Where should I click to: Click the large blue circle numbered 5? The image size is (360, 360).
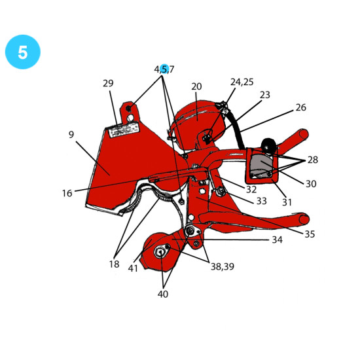pos(23,52)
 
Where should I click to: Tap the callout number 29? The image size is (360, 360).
pos(108,83)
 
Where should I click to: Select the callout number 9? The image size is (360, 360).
pos(71,135)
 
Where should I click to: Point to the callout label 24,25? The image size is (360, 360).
pos(242,82)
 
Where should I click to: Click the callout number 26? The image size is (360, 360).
pos(301,107)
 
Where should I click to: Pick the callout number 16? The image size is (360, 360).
pos(67,193)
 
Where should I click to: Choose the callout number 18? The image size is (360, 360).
pos(115,264)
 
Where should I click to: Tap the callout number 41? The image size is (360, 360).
pos(133,268)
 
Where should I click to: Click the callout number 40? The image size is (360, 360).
pos(163,294)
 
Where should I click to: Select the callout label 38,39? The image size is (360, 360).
pos(223,266)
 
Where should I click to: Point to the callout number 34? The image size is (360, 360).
pos(277,240)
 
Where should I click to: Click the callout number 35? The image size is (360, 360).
pos(310,234)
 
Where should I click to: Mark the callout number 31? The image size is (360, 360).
pos(287,202)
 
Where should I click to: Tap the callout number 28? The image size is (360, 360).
pos(313,160)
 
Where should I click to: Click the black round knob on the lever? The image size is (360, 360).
pos(268,145)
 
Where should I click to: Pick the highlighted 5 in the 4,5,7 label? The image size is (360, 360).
pos(164,69)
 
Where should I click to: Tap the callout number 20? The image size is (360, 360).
pos(196,86)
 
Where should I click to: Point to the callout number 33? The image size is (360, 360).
pos(262,201)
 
